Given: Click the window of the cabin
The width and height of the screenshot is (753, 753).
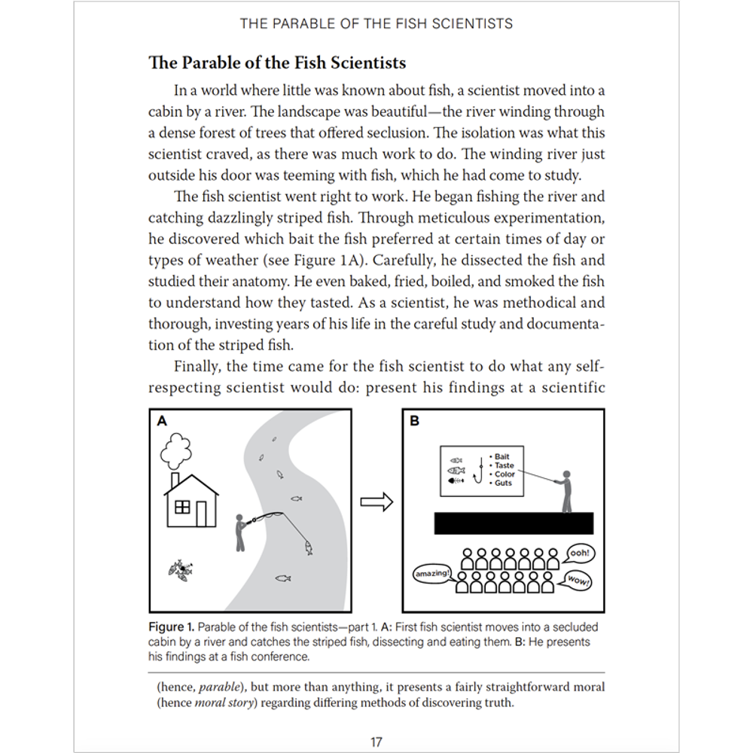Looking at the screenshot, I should (x=181, y=508).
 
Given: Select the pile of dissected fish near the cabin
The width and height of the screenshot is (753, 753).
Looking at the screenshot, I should (x=181, y=571).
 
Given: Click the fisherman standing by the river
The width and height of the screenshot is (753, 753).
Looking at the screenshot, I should (x=239, y=531).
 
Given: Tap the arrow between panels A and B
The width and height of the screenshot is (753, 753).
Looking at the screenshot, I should (x=376, y=501).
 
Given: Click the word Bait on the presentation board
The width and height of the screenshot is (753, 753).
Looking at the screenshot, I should (x=501, y=457).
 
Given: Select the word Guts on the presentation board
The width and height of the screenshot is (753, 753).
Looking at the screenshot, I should (x=503, y=483).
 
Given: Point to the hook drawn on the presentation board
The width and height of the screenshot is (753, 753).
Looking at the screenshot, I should (x=477, y=472).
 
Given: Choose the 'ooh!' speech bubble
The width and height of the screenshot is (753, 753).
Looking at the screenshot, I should (x=579, y=553).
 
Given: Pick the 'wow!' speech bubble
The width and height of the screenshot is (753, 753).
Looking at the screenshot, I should (x=578, y=581).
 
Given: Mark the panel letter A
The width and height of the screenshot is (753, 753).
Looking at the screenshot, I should (x=162, y=422).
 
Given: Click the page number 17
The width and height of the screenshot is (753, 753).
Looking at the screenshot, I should (x=376, y=742).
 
